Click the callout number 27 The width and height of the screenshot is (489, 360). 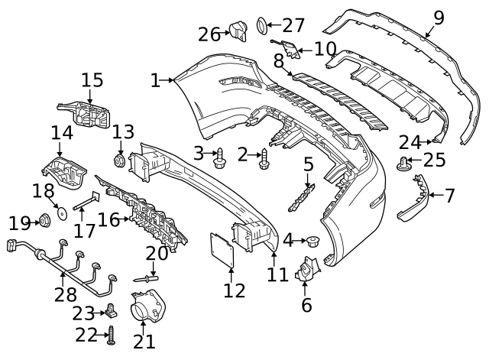pos(293,25)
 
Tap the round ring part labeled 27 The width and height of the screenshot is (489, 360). pos(260,27)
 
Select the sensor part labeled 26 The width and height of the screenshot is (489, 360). pos(240,31)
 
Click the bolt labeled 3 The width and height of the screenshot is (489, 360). pos(221,157)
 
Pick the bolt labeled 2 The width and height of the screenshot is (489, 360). pos(265,158)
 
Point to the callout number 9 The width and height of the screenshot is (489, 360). pos(438,16)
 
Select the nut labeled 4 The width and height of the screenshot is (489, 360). pos(311,243)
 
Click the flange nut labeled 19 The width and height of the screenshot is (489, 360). pos(44,222)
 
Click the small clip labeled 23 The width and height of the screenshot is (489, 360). pos(112,311)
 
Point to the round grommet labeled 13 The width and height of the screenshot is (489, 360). pos(119,161)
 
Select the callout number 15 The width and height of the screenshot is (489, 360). pos(92,79)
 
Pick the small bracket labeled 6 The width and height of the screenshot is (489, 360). pos(306,271)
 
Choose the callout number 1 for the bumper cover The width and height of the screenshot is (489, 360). pos(156,79)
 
